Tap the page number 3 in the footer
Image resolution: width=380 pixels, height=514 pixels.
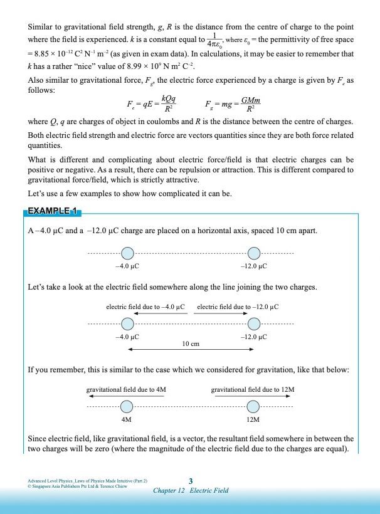[x=191, y=481]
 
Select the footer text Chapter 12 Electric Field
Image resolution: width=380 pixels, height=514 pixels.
[x=191, y=490]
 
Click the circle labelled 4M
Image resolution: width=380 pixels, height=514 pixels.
[x=127, y=406]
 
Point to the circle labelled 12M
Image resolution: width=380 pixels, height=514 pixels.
[x=253, y=406]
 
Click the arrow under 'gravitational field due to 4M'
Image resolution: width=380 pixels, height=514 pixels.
[x=126, y=396]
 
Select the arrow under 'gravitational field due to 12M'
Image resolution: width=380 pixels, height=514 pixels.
[x=253, y=396]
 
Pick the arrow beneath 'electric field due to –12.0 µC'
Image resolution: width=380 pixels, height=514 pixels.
[x=237, y=313]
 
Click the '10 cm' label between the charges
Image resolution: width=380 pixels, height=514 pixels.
[x=191, y=344]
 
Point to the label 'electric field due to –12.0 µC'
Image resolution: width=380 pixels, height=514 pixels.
[x=238, y=307]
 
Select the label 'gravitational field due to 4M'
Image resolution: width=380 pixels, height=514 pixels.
[x=126, y=389]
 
